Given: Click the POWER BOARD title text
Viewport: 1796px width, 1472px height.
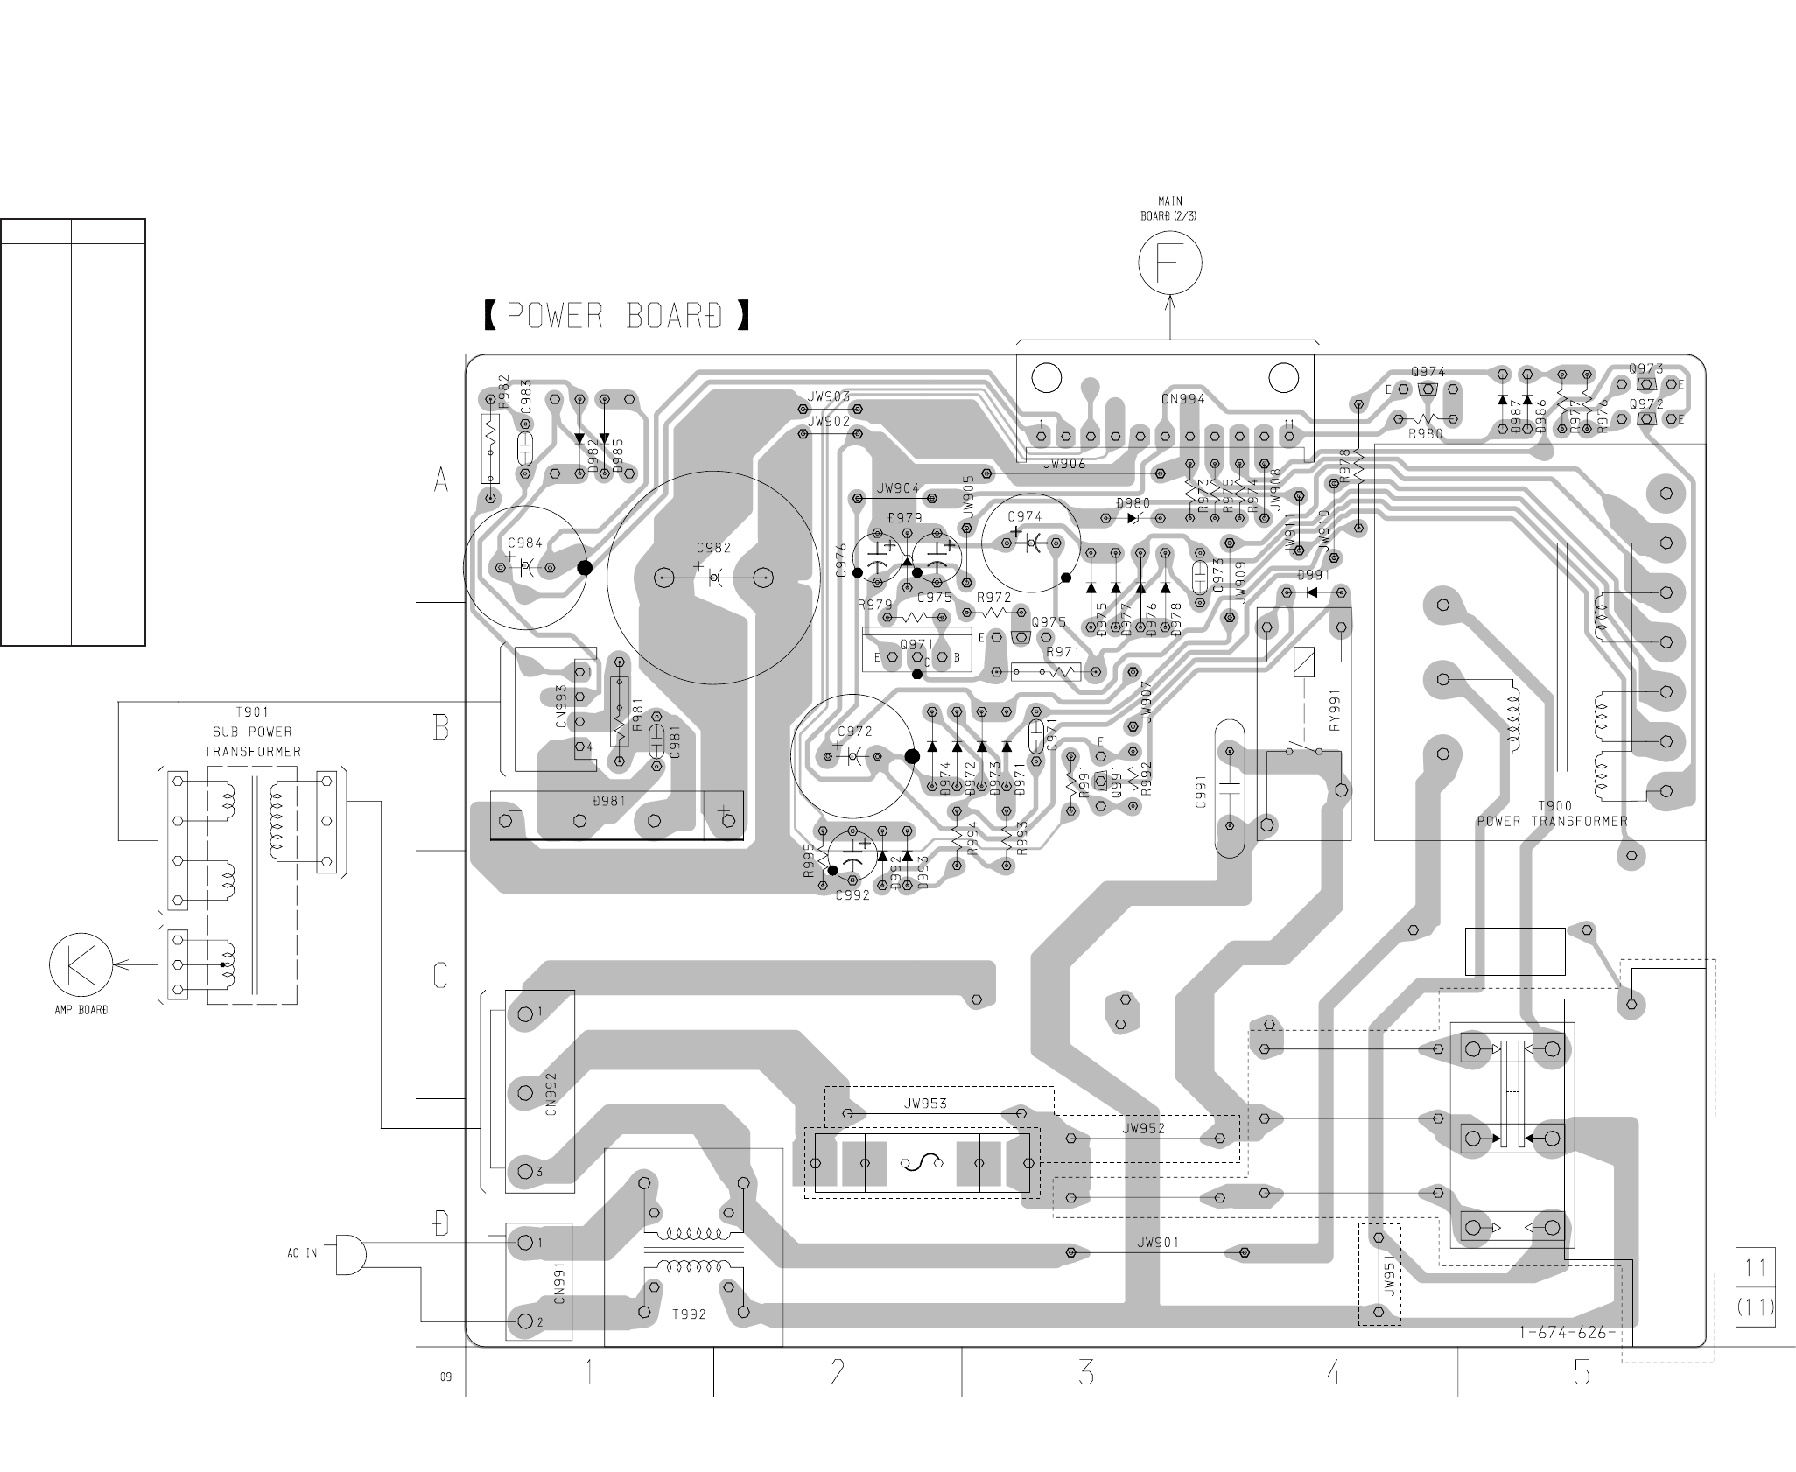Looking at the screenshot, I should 616,316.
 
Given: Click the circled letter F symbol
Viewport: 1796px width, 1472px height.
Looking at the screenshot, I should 1170,262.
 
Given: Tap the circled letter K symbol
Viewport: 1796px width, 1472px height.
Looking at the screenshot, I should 81,964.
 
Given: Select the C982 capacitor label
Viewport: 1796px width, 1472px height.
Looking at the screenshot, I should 713,548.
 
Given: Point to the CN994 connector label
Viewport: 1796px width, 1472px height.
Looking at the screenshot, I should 1183,399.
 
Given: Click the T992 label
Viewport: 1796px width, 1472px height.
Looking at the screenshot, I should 689,1314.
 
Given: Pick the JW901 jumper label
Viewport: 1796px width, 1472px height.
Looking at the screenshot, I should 1158,1242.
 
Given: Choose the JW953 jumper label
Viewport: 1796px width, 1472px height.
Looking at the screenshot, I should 925,1104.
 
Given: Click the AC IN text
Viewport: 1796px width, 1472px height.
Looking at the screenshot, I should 302,1253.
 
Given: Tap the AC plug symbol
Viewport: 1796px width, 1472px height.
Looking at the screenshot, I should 349,1253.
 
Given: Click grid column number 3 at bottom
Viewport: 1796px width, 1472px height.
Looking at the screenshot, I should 1086,1372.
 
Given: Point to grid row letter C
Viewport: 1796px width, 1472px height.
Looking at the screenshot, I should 441,975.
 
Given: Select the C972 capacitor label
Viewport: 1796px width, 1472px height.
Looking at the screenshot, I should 854,731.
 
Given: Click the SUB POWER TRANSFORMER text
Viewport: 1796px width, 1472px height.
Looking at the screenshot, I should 252,732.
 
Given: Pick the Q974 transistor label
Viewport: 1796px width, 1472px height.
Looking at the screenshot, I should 1428,372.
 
